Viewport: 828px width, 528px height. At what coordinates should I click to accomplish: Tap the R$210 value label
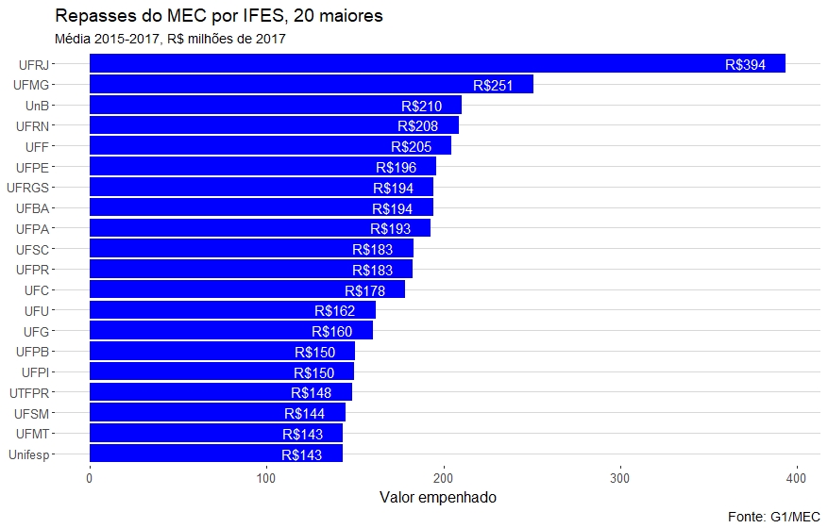pyautogui.click(x=421, y=106)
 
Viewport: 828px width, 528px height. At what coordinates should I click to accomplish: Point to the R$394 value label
pyautogui.click(x=745, y=64)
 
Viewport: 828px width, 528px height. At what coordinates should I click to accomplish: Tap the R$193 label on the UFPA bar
pyautogui.click(x=390, y=229)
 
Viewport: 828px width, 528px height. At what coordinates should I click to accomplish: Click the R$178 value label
pyautogui.click(x=364, y=290)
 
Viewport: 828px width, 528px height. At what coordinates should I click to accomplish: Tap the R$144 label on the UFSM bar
pyautogui.click(x=304, y=413)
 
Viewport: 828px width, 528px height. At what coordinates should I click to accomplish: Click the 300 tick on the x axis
pyautogui.click(x=619, y=479)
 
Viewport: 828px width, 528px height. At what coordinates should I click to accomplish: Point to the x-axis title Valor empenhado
pyautogui.click(x=437, y=497)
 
